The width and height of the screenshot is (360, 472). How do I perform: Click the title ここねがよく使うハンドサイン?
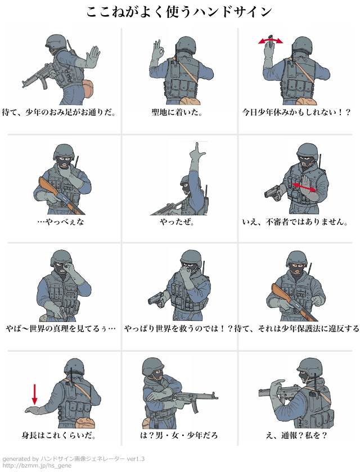(x=179, y=12)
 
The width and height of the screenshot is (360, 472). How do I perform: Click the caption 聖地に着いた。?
(x=177, y=112)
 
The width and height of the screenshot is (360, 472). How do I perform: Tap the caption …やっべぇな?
(x=61, y=222)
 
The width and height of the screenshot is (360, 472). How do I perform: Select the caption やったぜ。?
(x=177, y=222)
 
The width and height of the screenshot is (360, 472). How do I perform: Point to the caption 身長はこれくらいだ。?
(x=59, y=435)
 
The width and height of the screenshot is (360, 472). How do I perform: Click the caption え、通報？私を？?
(x=296, y=435)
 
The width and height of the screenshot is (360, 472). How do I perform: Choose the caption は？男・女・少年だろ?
(x=179, y=435)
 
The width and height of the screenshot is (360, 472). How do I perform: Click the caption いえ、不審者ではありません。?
(x=295, y=222)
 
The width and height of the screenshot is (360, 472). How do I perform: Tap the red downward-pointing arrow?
(x=35, y=394)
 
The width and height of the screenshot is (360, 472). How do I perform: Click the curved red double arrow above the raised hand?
(x=271, y=40)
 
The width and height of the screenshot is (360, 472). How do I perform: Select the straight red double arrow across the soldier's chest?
(x=304, y=187)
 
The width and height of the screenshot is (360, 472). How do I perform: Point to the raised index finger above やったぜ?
(x=197, y=147)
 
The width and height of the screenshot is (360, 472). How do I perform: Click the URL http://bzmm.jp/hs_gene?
(x=37, y=466)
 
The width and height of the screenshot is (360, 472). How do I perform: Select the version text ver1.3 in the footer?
(x=136, y=459)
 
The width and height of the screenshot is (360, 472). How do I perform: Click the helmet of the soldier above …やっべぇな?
(x=64, y=151)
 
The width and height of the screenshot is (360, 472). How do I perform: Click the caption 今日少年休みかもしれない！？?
(x=296, y=112)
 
